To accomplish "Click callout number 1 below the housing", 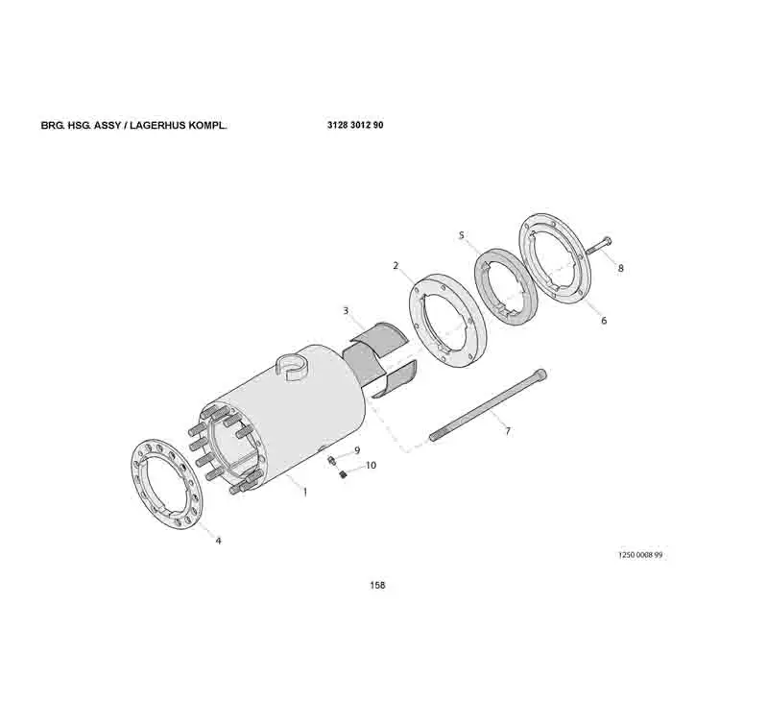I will (304, 492).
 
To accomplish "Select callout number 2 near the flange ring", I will (395, 265).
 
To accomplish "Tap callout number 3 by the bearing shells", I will (346, 310).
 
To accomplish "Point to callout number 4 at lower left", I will (218, 541).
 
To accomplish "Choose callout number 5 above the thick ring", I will (461, 235).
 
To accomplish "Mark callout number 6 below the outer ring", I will (604, 321).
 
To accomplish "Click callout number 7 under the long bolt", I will (508, 431).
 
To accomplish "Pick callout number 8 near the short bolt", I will (620, 269).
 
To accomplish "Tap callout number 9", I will (356, 449).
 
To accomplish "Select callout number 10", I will (371, 465).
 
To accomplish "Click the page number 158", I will (377, 586).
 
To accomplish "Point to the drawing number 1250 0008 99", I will (639, 556).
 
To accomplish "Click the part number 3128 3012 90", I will (355, 126).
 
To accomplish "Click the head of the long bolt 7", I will (542, 373).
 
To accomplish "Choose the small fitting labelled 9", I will (331, 462).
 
